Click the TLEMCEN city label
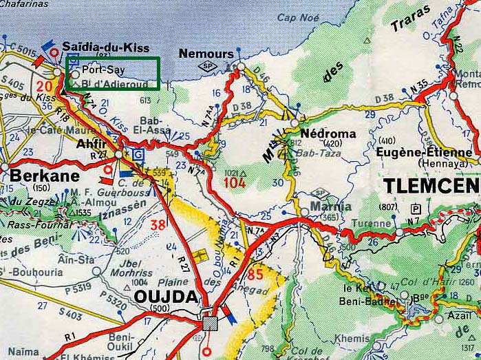pos(430,186)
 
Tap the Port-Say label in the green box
pos(102,70)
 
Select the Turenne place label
pos(370,224)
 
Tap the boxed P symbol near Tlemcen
pos(415,209)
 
